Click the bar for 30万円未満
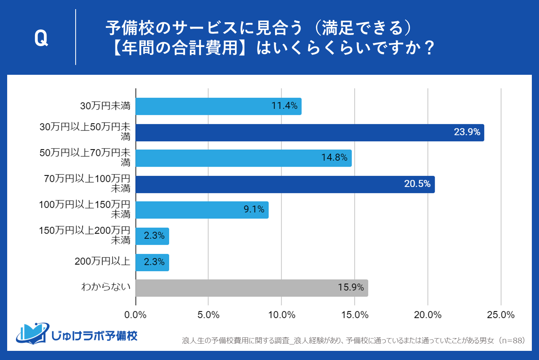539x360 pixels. pos(218,106)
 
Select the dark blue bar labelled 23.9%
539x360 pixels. pos(310,132)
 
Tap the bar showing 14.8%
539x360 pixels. pos(243,158)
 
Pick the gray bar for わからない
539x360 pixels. pos(252,288)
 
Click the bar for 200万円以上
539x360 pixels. pos(152,262)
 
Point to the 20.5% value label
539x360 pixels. pos(417,184)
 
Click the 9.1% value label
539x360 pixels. pos(254,210)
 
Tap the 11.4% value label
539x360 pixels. pos(284,106)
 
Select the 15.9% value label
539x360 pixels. pos(351,287)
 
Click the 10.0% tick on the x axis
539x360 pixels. pos(281,315)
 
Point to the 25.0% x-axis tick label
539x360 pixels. pos(500,315)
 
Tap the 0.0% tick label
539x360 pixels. pos(135,315)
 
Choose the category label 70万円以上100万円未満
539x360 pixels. pos(87,183)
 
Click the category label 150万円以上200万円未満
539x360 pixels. pos(84,235)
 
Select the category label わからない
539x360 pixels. pos(105,287)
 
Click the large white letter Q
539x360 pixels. pos(41,38)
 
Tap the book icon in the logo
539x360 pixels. pos(32,334)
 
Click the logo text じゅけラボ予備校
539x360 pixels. pos(94,336)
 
